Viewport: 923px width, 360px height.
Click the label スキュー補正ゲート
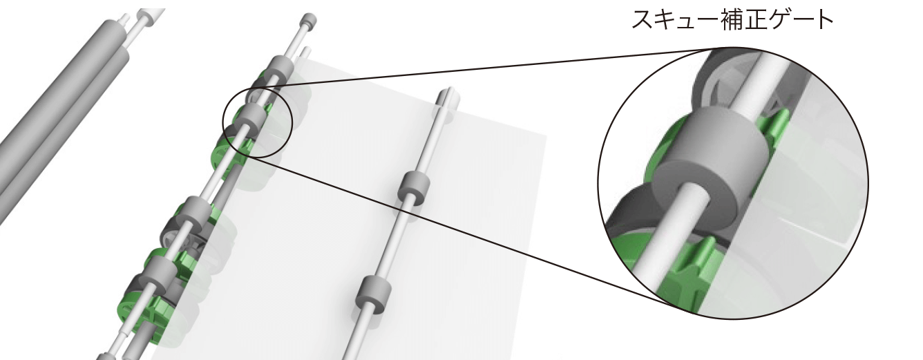(x=732, y=20)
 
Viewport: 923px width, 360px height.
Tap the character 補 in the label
(x=732, y=20)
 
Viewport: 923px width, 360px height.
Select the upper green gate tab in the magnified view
(x=774, y=124)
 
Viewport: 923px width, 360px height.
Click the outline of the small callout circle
(x=223, y=124)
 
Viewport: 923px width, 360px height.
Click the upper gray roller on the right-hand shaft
(x=415, y=188)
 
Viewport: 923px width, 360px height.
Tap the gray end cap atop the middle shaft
(x=309, y=20)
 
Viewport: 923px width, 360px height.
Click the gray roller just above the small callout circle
(x=280, y=69)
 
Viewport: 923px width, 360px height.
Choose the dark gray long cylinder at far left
(x=61, y=103)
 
